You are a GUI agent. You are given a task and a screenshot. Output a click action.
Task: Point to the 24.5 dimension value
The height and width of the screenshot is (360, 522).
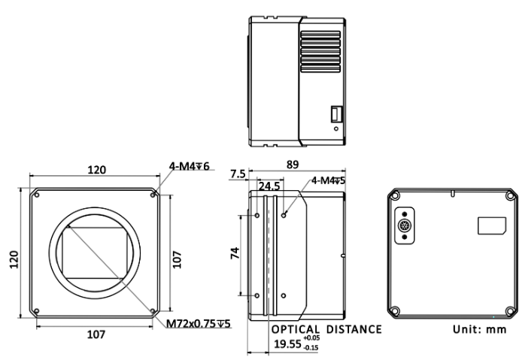[269, 185]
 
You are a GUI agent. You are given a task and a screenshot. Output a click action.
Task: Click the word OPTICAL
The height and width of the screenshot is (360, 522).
[296, 329]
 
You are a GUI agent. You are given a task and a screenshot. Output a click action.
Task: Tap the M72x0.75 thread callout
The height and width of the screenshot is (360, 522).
[200, 325]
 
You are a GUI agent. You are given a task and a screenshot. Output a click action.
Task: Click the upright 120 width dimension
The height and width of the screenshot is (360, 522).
[96, 170]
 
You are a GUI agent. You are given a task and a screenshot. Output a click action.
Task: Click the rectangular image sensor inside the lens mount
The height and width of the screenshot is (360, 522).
[90, 253]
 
